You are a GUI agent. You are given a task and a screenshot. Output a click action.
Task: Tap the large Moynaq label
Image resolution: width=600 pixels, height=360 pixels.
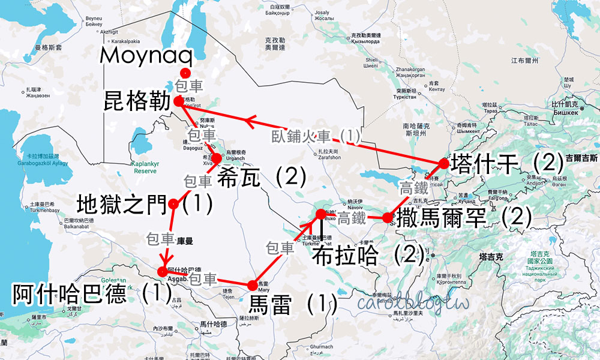point(147,56)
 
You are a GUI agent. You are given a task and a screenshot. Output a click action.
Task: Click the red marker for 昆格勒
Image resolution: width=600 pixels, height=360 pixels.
point(178,102)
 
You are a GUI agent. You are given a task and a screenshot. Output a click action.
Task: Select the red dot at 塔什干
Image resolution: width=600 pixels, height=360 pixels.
point(444,163)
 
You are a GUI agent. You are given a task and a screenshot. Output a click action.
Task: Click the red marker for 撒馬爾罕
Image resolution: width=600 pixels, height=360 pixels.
point(388,217)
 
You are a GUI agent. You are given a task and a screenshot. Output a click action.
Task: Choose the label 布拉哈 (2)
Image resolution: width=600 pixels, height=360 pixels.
point(368,256)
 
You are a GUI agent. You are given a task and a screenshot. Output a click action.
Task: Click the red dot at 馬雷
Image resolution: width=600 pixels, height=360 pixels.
point(251,284)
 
